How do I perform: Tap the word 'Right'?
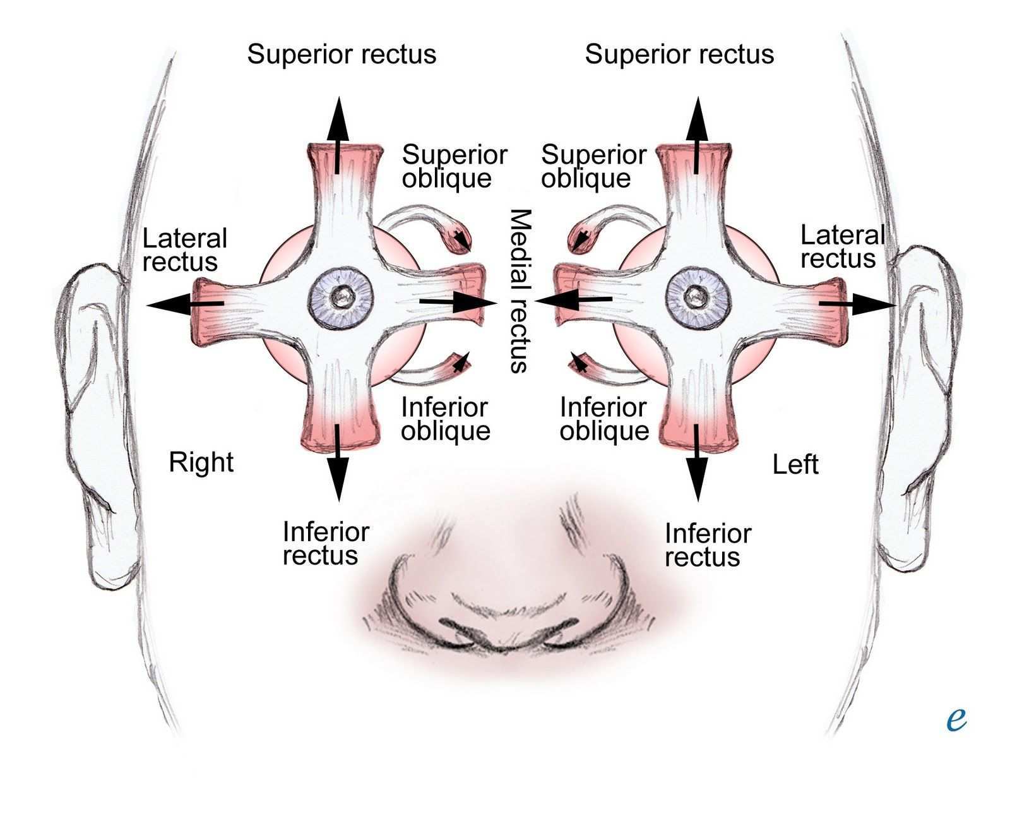[x=201, y=462]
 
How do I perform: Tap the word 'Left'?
[x=795, y=465]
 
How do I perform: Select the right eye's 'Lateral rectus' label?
[x=184, y=250]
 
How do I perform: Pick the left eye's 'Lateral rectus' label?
[x=841, y=247]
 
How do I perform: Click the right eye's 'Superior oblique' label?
[x=454, y=166]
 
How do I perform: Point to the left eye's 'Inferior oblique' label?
[x=604, y=419]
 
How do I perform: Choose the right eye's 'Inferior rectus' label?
[x=326, y=543]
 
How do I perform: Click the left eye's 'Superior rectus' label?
[x=679, y=54]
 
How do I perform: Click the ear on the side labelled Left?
[x=925, y=404]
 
